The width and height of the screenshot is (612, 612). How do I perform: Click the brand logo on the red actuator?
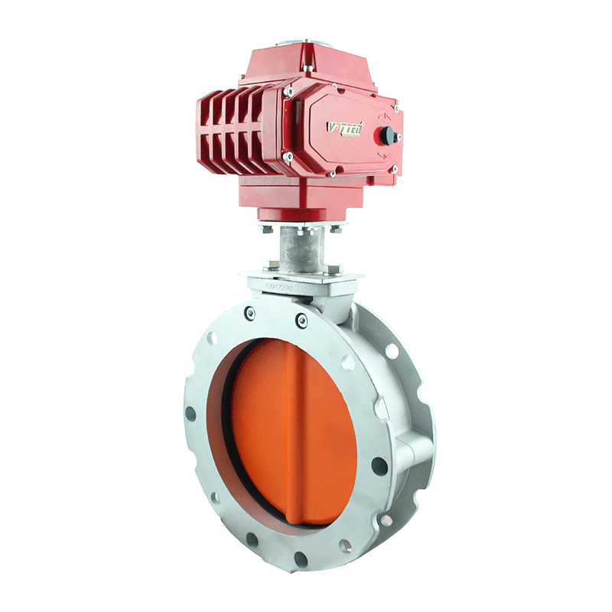346,127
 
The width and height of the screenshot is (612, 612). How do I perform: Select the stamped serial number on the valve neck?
283,286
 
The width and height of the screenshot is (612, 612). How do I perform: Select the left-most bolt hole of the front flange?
190,414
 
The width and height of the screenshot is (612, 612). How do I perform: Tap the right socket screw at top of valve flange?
302,319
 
